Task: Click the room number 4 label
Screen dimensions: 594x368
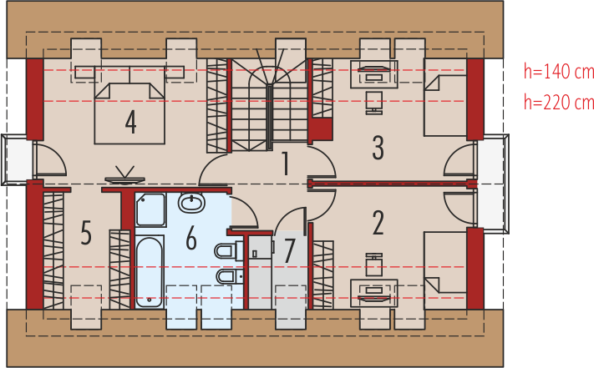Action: pyautogui.click(x=130, y=122)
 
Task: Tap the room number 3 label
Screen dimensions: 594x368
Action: pyautogui.click(x=378, y=148)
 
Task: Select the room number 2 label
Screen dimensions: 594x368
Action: pyautogui.click(x=378, y=223)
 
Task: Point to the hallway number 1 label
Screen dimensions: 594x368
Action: pyautogui.click(x=286, y=164)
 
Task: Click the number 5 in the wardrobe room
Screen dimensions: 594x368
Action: pyautogui.click(x=86, y=233)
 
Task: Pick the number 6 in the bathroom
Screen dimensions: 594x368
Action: pyautogui.click(x=191, y=239)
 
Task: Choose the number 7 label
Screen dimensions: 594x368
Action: pyautogui.click(x=289, y=250)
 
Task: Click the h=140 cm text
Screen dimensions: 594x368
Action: pyautogui.click(x=558, y=71)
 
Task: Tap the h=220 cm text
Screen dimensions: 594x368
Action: pyautogui.click(x=558, y=102)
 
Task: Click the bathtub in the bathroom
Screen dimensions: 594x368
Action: pyautogui.click(x=150, y=272)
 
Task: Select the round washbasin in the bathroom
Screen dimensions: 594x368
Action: pyautogui.click(x=191, y=203)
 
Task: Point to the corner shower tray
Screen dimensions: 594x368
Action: pyautogui.click(x=150, y=210)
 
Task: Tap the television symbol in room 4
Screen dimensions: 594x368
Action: pyautogui.click(x=124, y=176)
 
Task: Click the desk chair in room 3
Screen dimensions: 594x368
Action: pyautogui.click(x=374, y=103)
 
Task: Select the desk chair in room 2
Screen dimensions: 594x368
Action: pyautogui.click(x=374, y=265)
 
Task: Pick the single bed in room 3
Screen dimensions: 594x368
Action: pyautogui.click(x=445, y=97)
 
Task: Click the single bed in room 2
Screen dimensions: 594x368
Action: pyautogui.click(x=445, y=271)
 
